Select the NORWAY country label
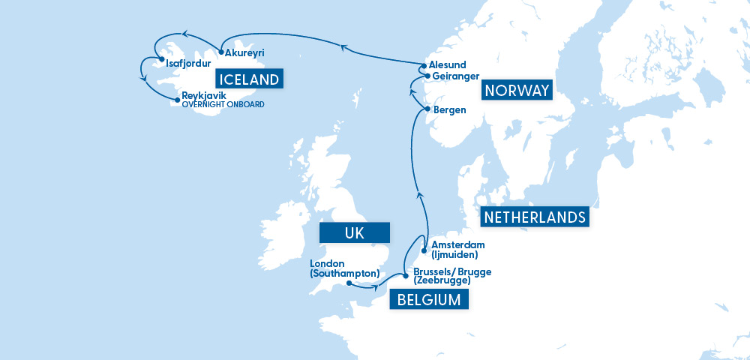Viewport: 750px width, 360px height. click(517, 91)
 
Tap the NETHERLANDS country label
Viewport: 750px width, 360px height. click(535, 217)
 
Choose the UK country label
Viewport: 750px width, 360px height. click(355, 233)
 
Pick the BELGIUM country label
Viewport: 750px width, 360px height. click(429, 301)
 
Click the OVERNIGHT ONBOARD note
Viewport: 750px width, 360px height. click(223, 105)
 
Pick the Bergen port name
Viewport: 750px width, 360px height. click(450, 109)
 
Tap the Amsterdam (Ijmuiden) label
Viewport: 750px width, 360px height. click(458, 250)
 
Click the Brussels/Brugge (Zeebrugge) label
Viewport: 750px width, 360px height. click(451, 276)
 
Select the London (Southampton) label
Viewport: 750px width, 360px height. click(344, 268)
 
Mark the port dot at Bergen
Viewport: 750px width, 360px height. click(427, 109)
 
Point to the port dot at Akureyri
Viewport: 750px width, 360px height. click(221, 52)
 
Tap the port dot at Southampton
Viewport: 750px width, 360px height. click(349, 283)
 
